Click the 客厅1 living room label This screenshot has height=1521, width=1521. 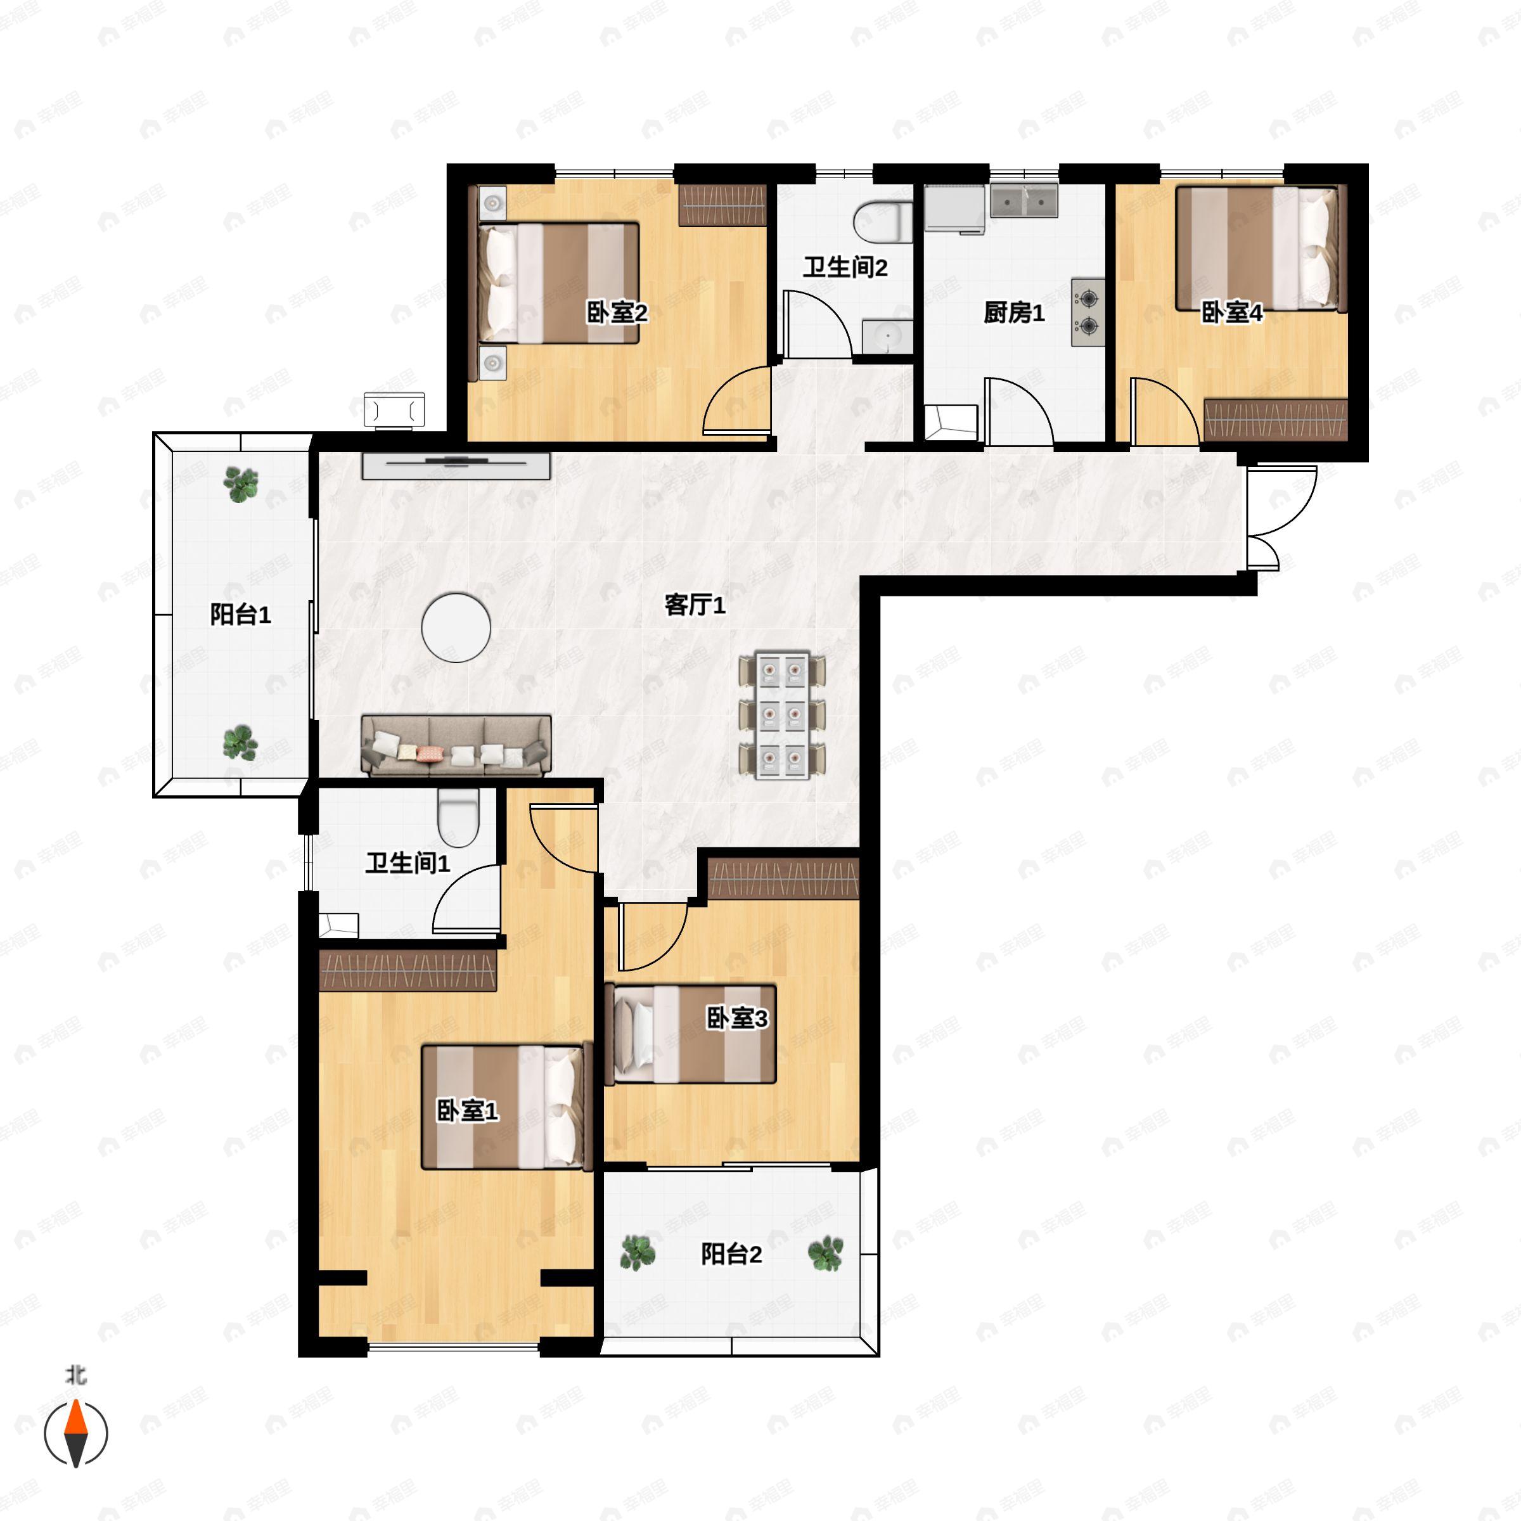tap(695, 605)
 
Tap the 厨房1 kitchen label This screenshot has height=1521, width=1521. tap(1014, 312)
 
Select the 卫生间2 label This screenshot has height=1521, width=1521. tap(845, 267)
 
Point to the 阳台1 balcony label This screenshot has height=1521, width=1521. tap(240, 615)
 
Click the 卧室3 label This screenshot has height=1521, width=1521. tap(737, 1018)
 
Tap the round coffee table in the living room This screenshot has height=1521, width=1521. tap(456, 627)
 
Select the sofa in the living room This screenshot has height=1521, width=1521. tap(456, 745)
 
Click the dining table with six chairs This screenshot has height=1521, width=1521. tap(783, 715)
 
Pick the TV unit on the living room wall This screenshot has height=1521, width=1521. tap(456, 466)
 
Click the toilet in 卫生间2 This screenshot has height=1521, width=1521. tap(883, 221)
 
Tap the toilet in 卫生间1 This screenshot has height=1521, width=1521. tap(458, 817)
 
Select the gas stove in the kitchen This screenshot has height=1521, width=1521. tap(1088, 312)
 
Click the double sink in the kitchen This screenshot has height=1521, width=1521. tap(1024, 201)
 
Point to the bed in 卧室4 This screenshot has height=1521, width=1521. tap(1257, 248)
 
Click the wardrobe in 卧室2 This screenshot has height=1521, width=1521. tap(722, 205)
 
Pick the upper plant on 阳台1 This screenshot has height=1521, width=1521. tap(241, 484)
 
